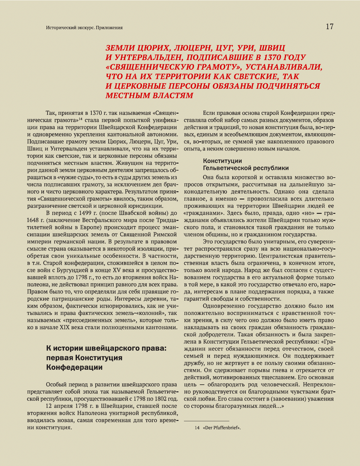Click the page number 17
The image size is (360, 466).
click(x=329, y=26)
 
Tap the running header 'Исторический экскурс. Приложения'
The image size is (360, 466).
click(x=84, y=28)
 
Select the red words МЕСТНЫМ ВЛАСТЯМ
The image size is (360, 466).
click(x=149, y=95)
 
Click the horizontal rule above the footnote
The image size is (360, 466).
click(x=206, y=421)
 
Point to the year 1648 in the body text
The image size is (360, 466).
click(x=33, y=220)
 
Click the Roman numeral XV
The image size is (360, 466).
click(x=117, y=270)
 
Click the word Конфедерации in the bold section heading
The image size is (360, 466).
click(x=74, y=367)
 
